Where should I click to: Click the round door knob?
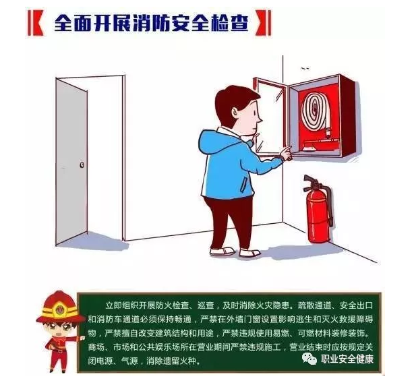coord(82,165)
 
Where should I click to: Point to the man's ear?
coord(236,113)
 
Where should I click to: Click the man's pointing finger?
coord(286,150)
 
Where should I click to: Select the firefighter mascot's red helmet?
coord(61,307)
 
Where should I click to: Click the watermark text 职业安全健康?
coord(347,359)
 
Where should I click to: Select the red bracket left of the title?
coord(36,23)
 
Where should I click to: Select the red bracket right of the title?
coord(263,23)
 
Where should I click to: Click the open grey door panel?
coord(71,161)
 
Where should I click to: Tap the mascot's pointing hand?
coord(82,338)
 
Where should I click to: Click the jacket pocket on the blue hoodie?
coord(245,184)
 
